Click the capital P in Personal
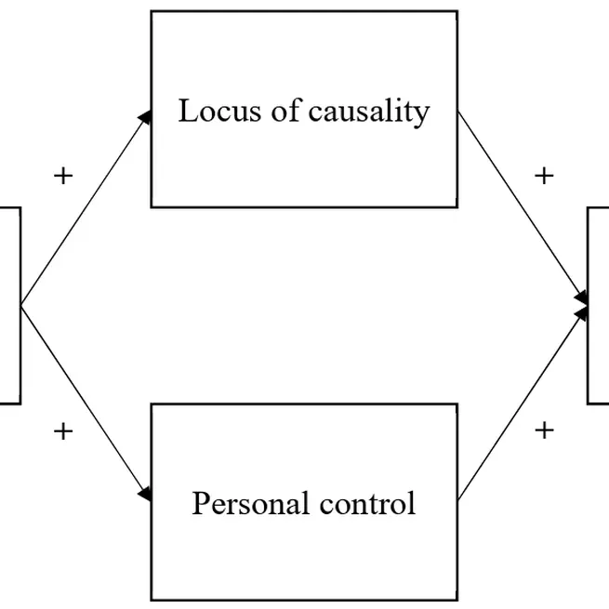[x=199, y=504]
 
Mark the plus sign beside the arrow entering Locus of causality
[x=63, y=177]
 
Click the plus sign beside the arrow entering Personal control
[x=63, y=430]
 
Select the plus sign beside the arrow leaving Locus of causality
[x=545, y=176]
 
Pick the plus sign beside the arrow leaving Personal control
[x=545, y=430]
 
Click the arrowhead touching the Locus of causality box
[x=145, y=115]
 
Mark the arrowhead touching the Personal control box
[x=145, y=495]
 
